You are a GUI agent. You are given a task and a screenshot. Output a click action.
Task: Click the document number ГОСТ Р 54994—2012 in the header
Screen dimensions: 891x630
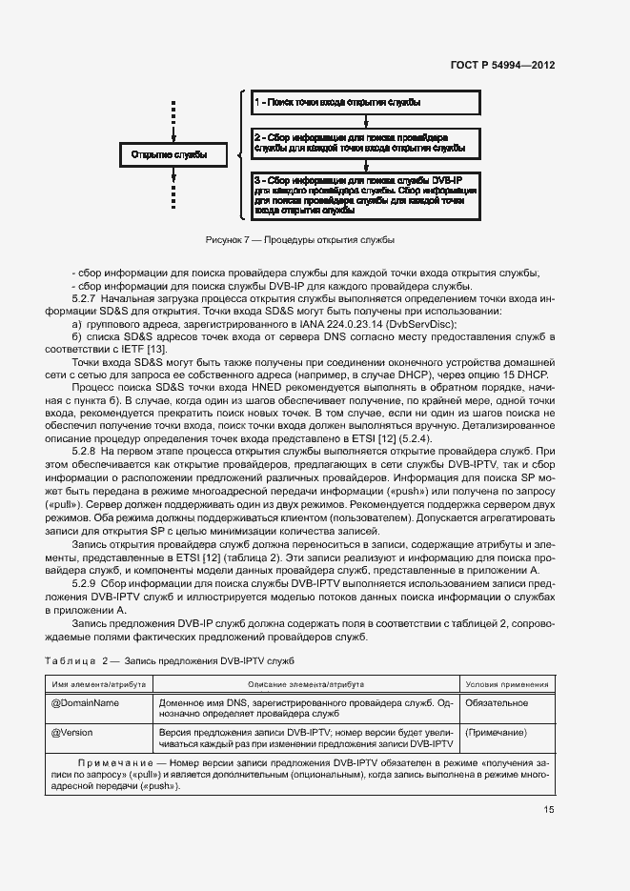503,66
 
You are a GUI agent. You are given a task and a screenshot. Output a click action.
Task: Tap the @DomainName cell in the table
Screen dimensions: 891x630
84,702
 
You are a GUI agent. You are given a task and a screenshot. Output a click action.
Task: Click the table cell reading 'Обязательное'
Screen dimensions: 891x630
496,702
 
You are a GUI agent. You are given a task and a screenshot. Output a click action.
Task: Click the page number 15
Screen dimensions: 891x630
549,811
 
